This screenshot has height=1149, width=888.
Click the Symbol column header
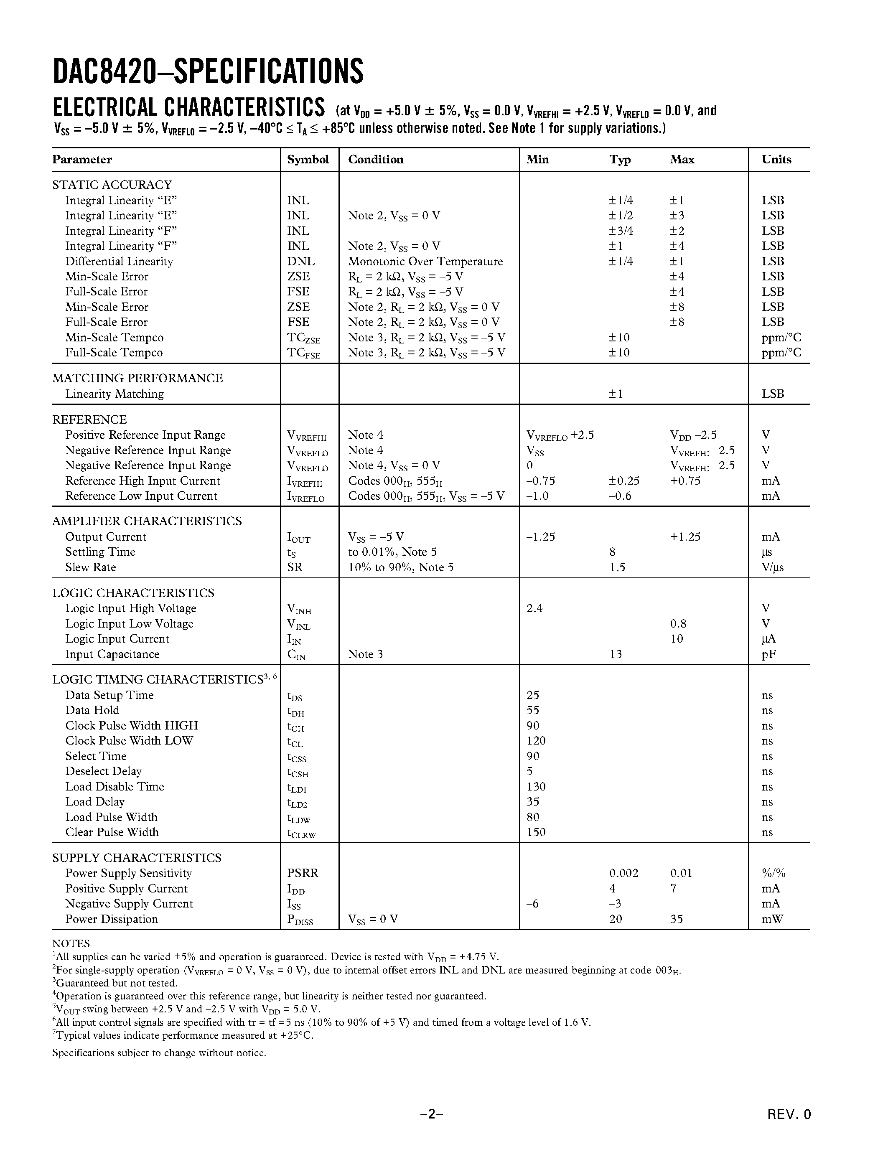point(308,160)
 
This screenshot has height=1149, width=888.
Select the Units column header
point(776,160)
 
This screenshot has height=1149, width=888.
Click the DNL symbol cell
point(301,262)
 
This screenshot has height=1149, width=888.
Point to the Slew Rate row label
point(91,567)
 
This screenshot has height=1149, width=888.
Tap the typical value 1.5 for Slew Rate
point(617,567)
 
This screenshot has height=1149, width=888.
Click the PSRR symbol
point(303,873)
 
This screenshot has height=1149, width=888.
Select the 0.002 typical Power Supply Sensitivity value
point(623,873)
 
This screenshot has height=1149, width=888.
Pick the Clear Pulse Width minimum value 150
point(536,832)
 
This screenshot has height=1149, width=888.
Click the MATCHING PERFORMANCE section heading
point(137,378)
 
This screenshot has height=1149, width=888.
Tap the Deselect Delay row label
point(104,771)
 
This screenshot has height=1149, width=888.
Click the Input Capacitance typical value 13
point(616,654)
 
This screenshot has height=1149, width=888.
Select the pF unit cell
point(768,654)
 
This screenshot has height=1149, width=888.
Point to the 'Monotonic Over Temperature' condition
point(425,262)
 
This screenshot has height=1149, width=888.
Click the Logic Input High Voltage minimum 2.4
point(534,608)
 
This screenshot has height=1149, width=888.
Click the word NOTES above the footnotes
point(71,943)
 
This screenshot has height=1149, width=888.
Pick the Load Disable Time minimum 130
point(536,786)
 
